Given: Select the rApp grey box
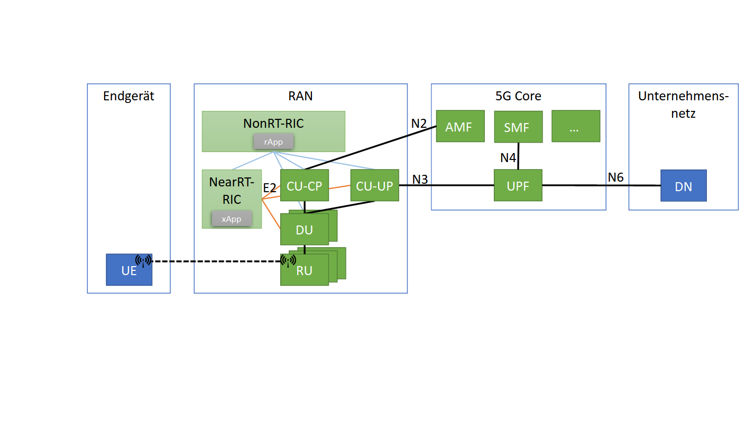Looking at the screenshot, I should [273, 142].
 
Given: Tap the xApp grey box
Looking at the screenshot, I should [232, 219].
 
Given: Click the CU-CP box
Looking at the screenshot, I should [305, 185].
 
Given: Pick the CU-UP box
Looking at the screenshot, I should [374, 185].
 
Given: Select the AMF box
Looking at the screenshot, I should [460, 126].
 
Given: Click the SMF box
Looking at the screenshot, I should [518, 127].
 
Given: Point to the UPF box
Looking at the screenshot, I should [518, 185].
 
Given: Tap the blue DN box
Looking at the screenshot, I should [683, 186].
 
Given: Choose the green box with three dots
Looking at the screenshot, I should [575, 126].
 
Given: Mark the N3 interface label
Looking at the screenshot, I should [420, 179].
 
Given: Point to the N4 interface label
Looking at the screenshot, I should [509, 157].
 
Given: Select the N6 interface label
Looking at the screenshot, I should [615, 177].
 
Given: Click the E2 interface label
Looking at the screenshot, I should [270, 187].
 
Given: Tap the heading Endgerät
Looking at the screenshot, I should [128, 96].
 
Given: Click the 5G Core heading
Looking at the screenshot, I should [518, 96].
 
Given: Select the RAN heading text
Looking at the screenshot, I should [300, 96].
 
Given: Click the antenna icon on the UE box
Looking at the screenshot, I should [143, 260].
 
